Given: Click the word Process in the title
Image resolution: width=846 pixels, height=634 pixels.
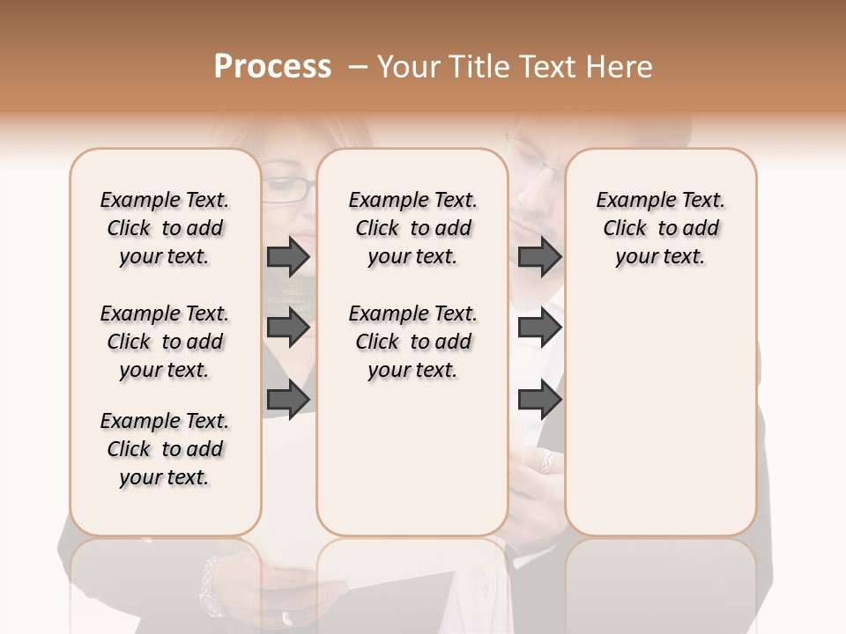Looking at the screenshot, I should pos(272,67).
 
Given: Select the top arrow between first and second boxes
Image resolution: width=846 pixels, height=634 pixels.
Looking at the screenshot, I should pos(288,256).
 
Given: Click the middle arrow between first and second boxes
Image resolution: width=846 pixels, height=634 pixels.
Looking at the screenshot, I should pos(288,328).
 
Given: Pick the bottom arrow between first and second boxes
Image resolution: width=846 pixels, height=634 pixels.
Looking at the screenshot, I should pos(288,399).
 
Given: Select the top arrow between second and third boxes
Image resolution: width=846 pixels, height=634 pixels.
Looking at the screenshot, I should pos(539,256).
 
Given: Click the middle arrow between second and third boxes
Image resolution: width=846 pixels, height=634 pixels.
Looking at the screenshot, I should pos(539,328).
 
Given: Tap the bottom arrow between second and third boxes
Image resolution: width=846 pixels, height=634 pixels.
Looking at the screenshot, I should pos(539,399).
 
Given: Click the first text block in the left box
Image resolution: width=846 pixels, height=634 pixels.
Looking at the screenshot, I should pos(165,228).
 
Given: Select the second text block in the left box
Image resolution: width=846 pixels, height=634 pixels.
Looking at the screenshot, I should pos(165,342).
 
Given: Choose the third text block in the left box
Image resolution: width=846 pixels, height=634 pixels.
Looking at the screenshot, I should pos(165,449).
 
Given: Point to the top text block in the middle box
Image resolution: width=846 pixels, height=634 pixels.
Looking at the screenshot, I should pos(412,228).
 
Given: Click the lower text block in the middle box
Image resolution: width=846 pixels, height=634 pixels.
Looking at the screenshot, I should pos(412,342).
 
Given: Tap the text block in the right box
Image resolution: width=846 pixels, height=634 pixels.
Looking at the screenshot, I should pos(660,228).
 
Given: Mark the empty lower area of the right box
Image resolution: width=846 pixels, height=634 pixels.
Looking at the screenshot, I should pos(660,405).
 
